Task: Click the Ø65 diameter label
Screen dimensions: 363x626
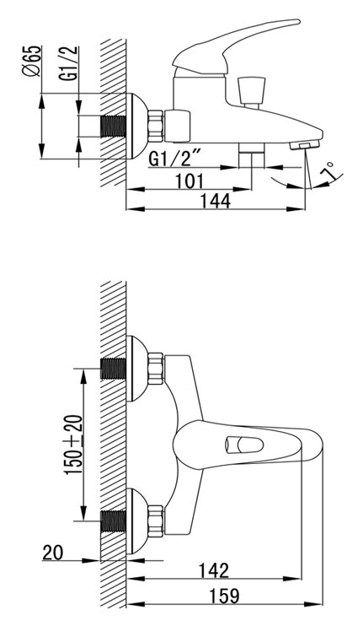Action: (x=33, y=61)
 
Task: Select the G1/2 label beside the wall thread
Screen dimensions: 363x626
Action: (x=71, y=64)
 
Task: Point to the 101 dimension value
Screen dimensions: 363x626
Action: (x=189, y=181)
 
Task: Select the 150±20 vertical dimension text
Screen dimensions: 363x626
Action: (x=74, y=445)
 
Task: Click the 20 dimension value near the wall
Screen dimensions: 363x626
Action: (x=52, y=553)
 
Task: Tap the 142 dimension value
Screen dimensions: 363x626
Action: (x=214, y=570)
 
